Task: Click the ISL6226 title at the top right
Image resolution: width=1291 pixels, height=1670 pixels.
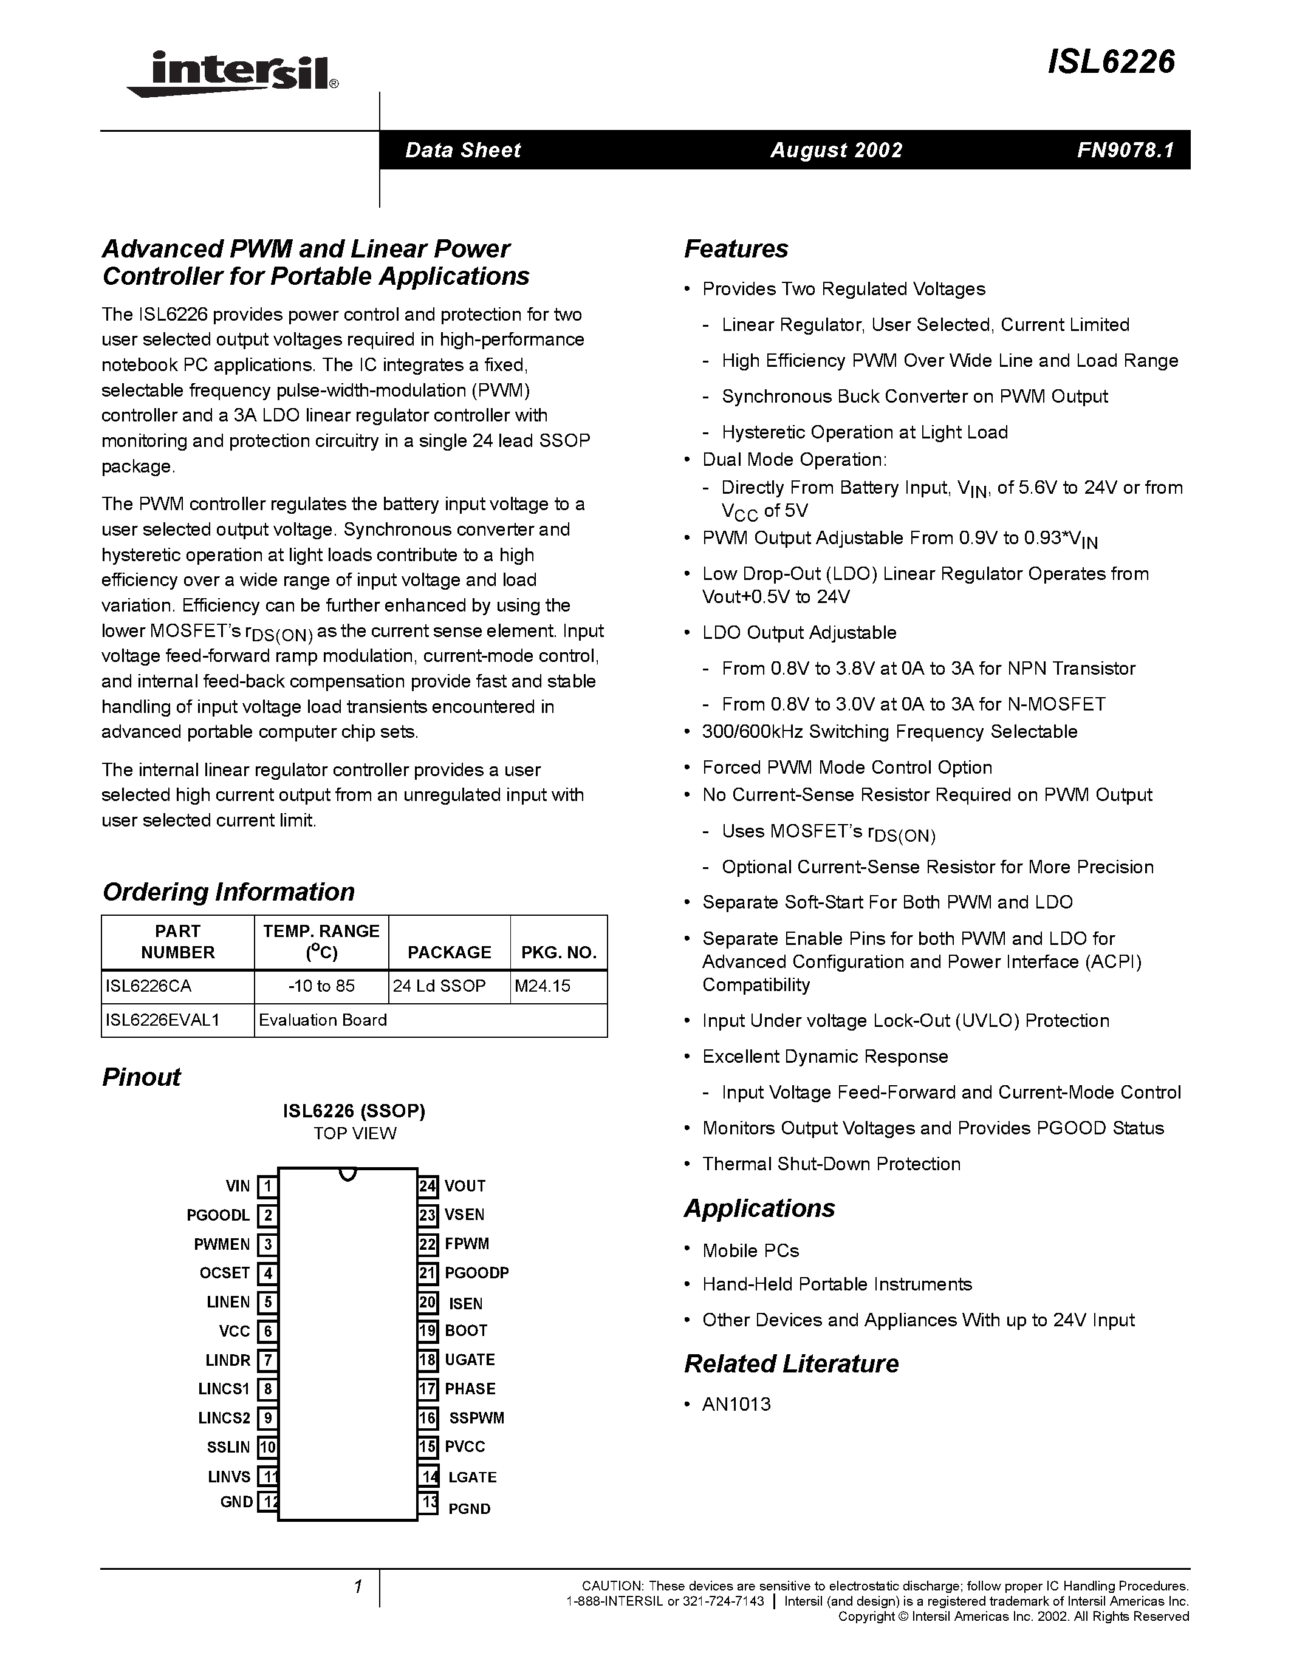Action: (1111, 62)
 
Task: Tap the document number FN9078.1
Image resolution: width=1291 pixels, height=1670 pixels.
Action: (1125, 150)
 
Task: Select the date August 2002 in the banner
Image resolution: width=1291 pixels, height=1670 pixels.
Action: (836, 150)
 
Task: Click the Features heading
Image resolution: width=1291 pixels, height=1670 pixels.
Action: (736, 248)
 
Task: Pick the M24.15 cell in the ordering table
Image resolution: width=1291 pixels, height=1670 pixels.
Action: (543, 986)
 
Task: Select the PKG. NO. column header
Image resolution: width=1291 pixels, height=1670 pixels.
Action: (558, 952)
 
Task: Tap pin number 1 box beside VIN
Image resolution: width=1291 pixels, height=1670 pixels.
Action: (267, 1186)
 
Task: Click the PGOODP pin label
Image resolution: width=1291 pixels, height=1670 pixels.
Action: (476, 1272)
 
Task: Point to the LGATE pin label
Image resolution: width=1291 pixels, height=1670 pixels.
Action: (472, 1476)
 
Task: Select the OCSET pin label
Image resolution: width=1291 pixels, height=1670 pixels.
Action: (225, 1272)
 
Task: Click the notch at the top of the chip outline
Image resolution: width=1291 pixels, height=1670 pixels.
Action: (348, 1173)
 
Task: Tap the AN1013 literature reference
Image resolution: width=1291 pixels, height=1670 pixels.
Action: (736, 1404)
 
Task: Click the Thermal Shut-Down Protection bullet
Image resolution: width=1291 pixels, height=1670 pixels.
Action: (831, 1164)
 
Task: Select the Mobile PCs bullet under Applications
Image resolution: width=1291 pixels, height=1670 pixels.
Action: (750, 1250)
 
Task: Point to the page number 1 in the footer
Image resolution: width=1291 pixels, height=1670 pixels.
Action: (357, 1587)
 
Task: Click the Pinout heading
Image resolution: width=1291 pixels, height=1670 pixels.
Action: (142, 1077)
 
